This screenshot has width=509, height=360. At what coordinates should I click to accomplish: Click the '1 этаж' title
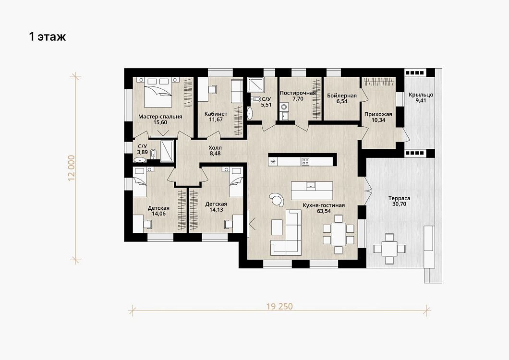(x=48, y=36)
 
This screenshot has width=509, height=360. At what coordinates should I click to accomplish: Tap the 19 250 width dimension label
(x=279, y=306)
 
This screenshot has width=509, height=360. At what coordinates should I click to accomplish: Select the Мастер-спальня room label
(x=160, y=117)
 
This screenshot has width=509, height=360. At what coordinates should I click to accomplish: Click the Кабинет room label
(x=216, y=114)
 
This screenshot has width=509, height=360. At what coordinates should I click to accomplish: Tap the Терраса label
(x=400, y=198)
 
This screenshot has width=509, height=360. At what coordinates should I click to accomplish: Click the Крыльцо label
(x=421, y=95)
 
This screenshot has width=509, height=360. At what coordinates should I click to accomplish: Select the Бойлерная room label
(x=342, y=96)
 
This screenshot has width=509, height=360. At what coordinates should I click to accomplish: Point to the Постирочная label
(x=298, y=93)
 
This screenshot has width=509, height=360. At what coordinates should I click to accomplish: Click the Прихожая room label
(x=378, y=114)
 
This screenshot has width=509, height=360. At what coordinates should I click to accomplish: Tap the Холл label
(x=215, y=148)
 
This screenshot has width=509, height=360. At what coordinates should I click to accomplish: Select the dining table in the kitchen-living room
(x=339, y=234)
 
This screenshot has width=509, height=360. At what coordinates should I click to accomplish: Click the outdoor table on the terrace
(x=389, y=249)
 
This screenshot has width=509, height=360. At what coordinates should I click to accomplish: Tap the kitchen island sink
(x=311, y=185)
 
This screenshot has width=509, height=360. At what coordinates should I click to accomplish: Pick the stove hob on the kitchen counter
(x=305, y=161)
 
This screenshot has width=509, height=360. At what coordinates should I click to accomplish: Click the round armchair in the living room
(x=277, y=199)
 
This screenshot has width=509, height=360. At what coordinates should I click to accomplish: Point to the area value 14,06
(x=158, y=214)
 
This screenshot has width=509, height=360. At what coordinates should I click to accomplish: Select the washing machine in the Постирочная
(x=284, y=107)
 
